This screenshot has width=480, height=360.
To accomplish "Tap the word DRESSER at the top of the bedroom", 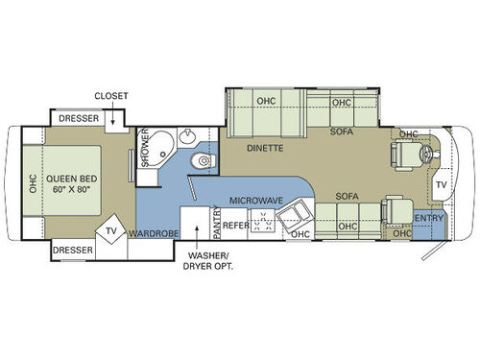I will click(80, 119).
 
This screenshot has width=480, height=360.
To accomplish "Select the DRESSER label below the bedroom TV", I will click(73, 249).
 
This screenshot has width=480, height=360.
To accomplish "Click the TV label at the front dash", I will click(441, 183).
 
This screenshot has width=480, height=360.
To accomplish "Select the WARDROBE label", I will click(155, 231).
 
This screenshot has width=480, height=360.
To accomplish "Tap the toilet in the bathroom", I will click(198, 160).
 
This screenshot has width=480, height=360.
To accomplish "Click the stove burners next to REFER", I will click(261, 227).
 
